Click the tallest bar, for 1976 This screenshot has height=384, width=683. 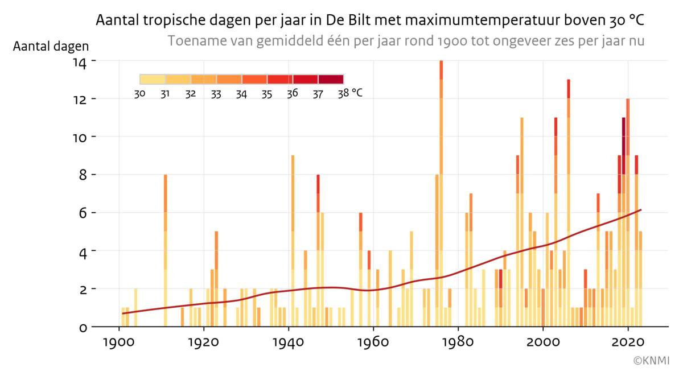(x=441, y=193)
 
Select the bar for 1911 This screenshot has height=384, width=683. (x=166, y=250)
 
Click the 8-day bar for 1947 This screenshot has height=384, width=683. (x=318, y=250)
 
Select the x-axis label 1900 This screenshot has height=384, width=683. (x=119, y=344)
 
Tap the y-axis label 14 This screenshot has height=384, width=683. (x=79, y=61)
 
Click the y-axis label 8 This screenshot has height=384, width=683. (x=82, y=175)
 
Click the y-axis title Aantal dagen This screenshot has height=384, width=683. (x=51, y=46)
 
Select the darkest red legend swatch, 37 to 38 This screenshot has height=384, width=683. (x=331, y=79)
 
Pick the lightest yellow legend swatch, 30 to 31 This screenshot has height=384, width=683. (x=152, y=79)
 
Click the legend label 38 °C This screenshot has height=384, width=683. (x=350, y=93)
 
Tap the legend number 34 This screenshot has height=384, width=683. (x=241, y=94)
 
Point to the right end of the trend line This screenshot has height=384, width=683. (x=641, y=210)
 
